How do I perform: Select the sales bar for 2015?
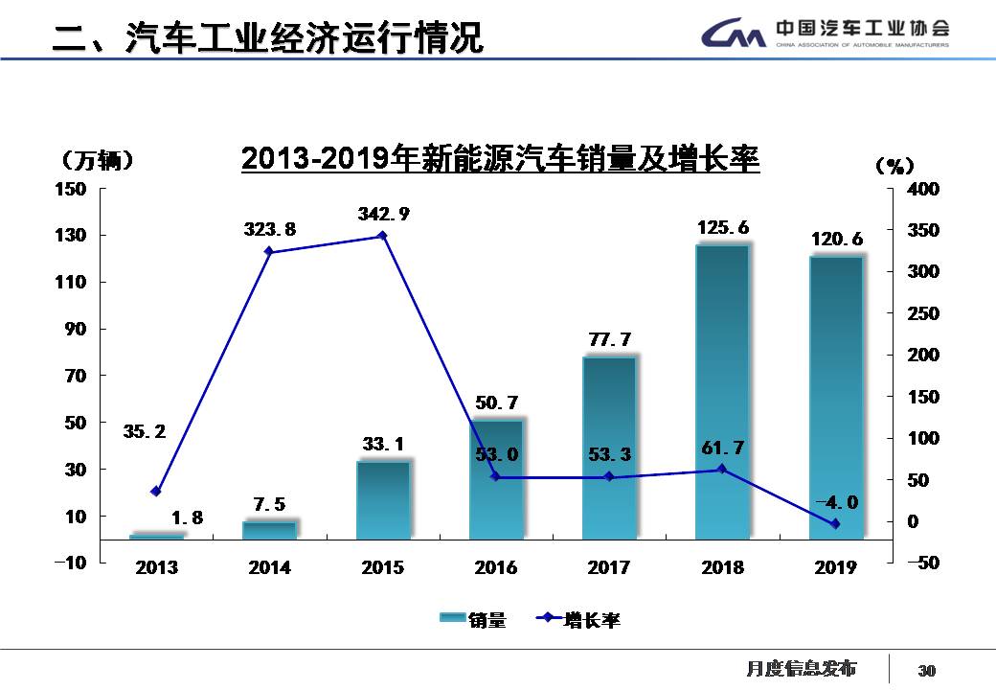(383, 500)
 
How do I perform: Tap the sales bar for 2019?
(836, 397)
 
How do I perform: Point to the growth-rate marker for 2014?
(269, 252)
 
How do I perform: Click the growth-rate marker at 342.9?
(382, 236)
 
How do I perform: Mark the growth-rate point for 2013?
(156, 492)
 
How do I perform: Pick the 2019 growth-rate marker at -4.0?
(835, 524)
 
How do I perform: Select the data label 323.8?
(270, 230)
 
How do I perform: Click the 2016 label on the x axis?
(495, 568)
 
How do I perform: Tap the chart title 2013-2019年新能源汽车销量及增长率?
(500, 159)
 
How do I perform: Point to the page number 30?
(926, 670)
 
